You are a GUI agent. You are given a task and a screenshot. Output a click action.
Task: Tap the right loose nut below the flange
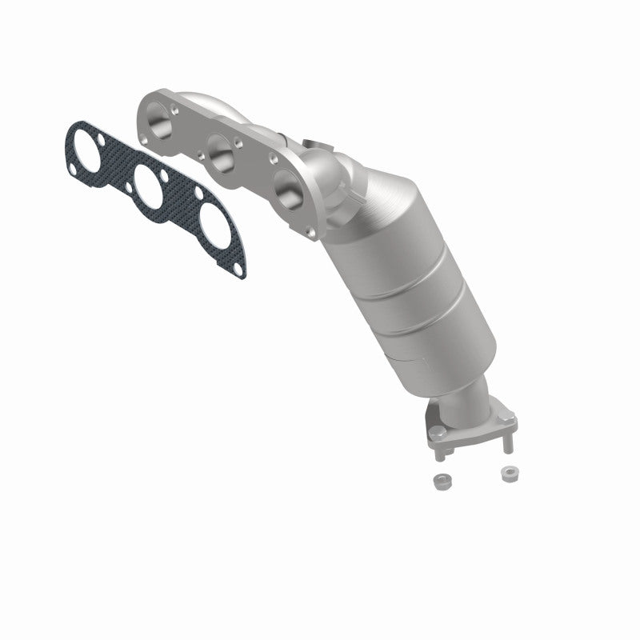tap(506, 474)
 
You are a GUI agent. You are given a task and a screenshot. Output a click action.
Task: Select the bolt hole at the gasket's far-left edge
tap(73, 170)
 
